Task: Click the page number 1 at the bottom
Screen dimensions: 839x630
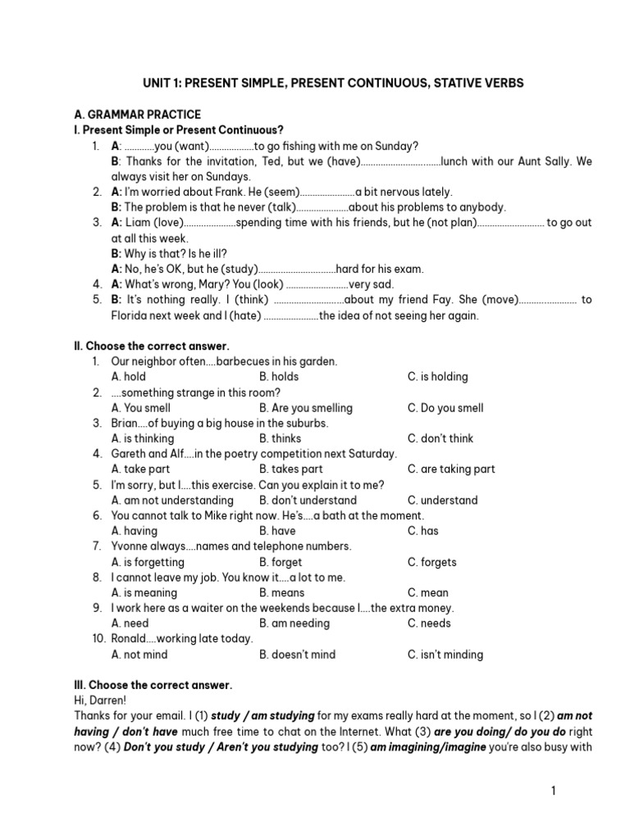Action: tap(554, 791)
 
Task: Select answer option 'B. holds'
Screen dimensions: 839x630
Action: tap(279, 377)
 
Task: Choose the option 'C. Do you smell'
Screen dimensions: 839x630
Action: tap(445, 408)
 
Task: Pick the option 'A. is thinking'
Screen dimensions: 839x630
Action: tap(143, 438)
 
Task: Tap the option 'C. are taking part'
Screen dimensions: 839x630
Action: tap(451, 469)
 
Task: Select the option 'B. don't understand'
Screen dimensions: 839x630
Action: tap(308, 500)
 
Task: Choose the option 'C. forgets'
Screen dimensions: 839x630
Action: tap(432, 562)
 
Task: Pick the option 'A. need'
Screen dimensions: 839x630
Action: tap(130, 624)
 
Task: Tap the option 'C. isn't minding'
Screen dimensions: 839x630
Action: tap(445, 655)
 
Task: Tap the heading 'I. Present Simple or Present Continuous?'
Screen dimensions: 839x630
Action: tap(179, 130)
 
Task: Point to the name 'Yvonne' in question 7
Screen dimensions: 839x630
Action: tap(130, 546)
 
